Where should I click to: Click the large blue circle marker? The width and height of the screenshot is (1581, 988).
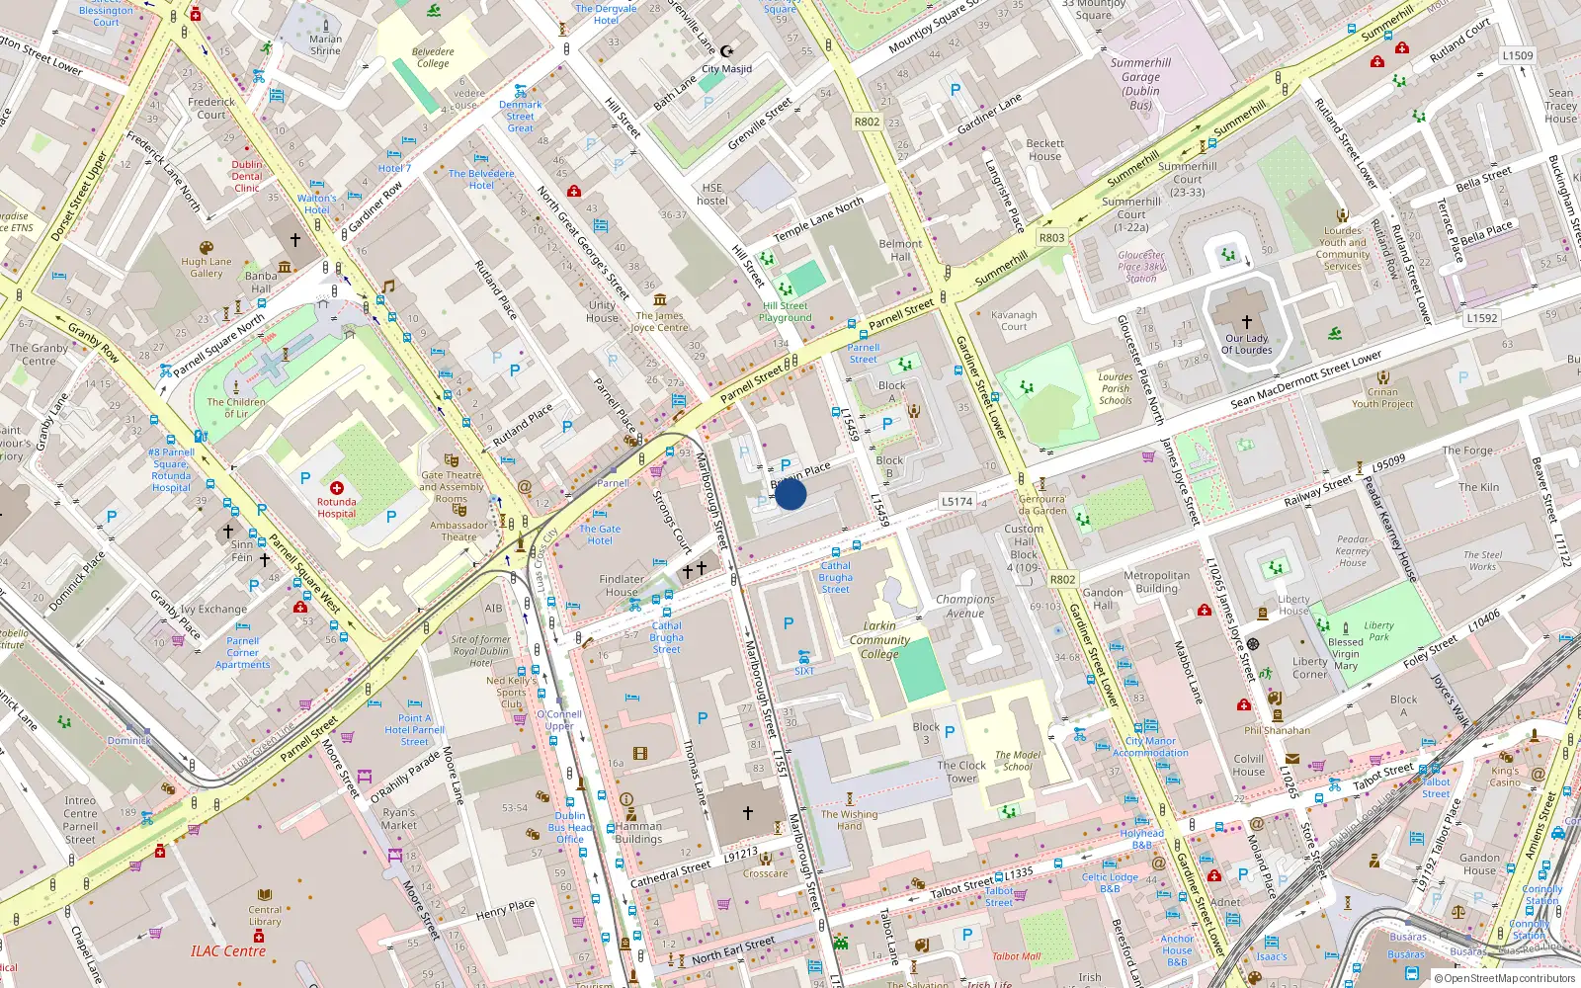point(790,494)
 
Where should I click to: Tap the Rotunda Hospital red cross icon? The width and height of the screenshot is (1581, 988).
point(337,488)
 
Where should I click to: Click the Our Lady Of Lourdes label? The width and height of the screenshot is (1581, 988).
point(1246,344)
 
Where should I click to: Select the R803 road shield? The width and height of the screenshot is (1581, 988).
point(1051,238)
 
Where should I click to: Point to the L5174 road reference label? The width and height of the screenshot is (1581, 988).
point(957,502)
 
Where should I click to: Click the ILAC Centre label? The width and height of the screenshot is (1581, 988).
point(228,951)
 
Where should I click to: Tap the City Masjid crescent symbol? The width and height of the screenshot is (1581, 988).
point(727,51)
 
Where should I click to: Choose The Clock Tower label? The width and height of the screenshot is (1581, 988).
point(961,772)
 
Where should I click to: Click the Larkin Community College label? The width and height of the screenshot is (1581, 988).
point(879,639)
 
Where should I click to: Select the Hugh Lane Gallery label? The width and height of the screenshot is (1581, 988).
point(207,268)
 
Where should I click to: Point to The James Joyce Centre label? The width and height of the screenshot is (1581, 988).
point(659,321)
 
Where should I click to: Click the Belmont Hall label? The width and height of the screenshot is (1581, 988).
point(900,250)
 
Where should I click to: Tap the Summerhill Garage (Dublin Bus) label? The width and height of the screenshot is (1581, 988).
point(1140,84)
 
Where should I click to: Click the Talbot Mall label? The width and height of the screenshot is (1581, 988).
point(1016,956)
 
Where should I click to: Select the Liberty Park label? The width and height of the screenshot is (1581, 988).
point(1378,631)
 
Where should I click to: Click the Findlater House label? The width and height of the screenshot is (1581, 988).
point(622,586)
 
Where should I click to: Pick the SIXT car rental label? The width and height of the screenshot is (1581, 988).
point(804,671)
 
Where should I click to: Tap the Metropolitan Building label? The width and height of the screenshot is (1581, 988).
point(1156,582)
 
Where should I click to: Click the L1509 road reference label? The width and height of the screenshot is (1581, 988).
point(1518,56)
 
